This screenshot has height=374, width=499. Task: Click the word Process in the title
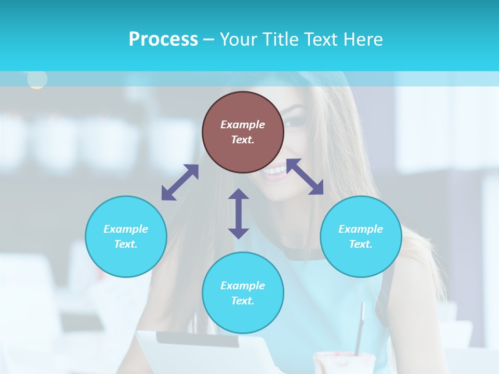pos(163,39)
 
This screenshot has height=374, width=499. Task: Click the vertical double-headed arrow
pos(239,213)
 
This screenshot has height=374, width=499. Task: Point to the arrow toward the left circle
pos(180,182)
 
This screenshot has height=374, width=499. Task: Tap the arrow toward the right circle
pos(305,177)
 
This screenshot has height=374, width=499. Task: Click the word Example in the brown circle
pos(243,125)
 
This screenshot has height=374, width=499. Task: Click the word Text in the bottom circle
pos(243,301)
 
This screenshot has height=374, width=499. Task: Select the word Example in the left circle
pos(126,229)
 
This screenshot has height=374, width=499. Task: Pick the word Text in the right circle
pos(361,244)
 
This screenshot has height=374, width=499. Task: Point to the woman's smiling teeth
pos(274,170)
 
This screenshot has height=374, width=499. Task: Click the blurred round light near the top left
pos(37,79)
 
